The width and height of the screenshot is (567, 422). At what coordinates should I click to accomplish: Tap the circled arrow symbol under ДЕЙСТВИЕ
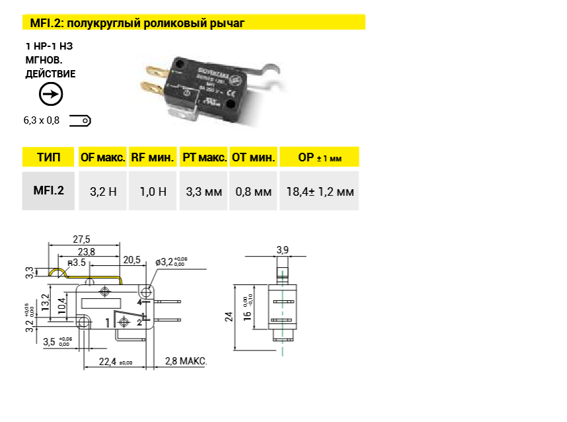tap(51, 94)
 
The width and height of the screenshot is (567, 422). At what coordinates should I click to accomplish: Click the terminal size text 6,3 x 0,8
tap(42, 120)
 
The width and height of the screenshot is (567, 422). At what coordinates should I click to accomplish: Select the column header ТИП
tap(48, 157)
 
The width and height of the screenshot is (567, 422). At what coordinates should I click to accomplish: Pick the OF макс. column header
tap(102, 157)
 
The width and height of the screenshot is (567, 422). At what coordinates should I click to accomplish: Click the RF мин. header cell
tap(153, 157)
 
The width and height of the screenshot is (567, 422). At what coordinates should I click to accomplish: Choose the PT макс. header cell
tap(203, 157)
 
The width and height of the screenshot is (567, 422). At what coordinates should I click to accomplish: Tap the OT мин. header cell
tap(253, 157)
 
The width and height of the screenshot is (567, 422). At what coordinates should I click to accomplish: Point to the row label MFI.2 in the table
tap(48, 191)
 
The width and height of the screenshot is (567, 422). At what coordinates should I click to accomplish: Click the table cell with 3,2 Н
tap(102, 192)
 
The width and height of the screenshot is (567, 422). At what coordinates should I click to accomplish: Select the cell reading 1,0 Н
tap(153, 192)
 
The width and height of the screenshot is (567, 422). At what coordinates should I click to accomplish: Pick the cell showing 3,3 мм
tap(203, 192)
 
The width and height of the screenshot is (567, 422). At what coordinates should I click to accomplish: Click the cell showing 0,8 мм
tap(253, 192)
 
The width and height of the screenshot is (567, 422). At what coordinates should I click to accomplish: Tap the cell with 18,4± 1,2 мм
tap(320, 192)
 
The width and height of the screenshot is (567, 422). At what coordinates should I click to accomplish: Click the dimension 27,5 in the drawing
tap(81, 239)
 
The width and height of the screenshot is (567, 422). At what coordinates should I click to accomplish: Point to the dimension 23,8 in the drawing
tap(86, 251)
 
